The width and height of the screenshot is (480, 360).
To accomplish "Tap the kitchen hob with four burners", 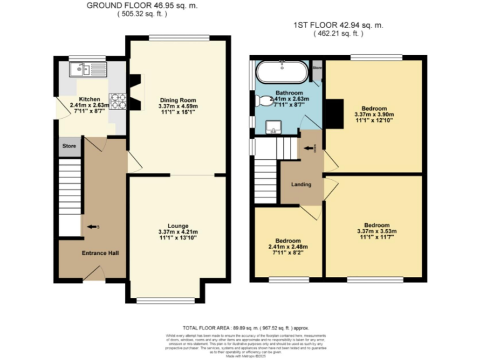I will coord(117,101).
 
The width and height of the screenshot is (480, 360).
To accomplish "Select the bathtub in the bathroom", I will coord(282,72).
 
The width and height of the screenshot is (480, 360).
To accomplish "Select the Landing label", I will coord(301,184).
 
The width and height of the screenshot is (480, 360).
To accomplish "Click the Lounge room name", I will coord(178,226).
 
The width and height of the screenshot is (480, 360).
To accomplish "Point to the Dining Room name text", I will coord(179,100).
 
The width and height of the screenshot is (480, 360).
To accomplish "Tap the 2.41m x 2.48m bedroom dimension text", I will coord(288,247).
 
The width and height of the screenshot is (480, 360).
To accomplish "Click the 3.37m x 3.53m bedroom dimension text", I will coord(377,232).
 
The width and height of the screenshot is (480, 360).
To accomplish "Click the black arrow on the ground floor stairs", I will coord(93,226).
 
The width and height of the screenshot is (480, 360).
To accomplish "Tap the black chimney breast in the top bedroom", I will coord(334,113).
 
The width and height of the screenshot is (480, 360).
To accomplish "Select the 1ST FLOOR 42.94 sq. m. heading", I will coord(339,26).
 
